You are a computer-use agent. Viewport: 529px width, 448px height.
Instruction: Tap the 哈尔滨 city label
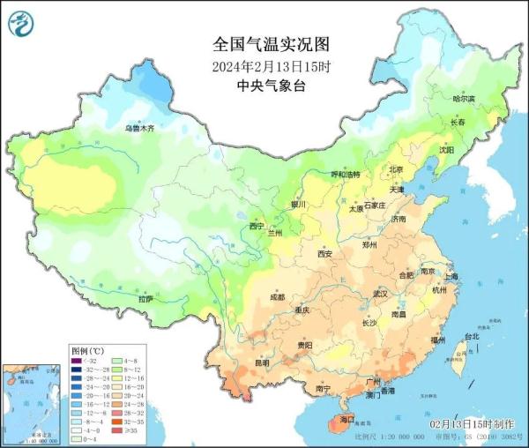pos(463,99)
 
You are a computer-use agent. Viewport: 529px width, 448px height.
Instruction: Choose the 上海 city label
pos(452,276)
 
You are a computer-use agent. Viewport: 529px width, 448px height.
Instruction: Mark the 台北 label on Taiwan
pos(471,336)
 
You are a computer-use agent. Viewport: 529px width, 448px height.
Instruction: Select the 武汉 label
pos(381,293)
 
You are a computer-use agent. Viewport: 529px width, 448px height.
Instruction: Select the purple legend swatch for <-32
pos(78,361)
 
